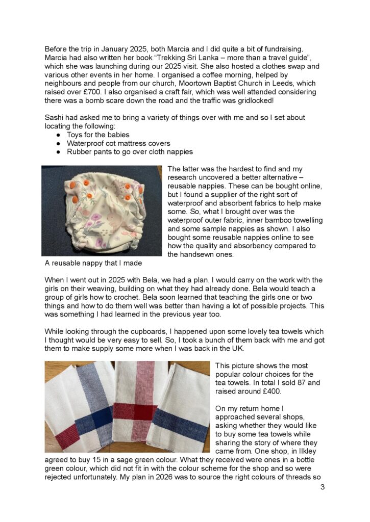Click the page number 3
323,487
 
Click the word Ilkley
305,443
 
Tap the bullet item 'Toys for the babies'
98,135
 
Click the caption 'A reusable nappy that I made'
93,263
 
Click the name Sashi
55,118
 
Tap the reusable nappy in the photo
102,210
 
